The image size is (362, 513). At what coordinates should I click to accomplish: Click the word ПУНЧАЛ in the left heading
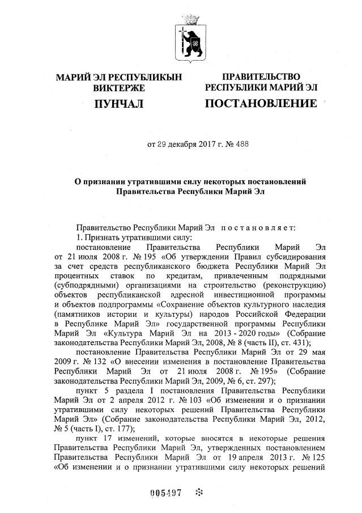pyautogui.click(x=118, y=103)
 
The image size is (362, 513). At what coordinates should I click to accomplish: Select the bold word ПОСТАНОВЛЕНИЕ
pyautogui.click(x=260, y=103)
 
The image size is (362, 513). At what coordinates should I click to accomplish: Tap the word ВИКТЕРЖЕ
pyautogui.click(x=118, y=88)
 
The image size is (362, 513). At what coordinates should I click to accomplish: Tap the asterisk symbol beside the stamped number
pyautogui.click(x=199, y=493)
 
